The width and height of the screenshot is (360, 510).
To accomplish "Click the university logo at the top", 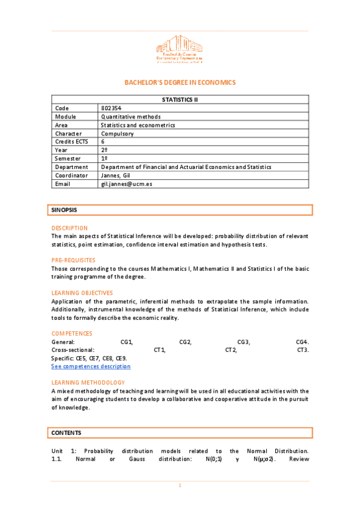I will [x=180, y=49].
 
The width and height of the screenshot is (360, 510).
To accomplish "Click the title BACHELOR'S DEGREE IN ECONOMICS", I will [x=180, y=82].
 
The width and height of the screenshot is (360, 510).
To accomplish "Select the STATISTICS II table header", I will [x=180, y=99].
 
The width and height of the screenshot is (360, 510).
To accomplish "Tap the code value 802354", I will [x=111, y=108].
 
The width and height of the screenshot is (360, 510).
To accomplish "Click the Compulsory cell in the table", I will [x=117, y=133].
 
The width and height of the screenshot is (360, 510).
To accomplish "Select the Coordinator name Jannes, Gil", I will [x=115, y=175].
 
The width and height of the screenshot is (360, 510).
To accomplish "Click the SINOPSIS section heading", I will [x=64, y=210].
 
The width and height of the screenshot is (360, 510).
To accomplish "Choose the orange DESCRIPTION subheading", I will [x=70, y=228].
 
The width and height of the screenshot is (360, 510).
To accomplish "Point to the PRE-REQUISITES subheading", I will [x=73, y=260].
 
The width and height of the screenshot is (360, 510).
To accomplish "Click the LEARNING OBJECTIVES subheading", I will [x=82, y=292].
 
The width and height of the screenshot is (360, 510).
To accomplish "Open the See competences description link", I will [x=91, y=366].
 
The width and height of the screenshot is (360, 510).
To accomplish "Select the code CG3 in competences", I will [x=243, y=342].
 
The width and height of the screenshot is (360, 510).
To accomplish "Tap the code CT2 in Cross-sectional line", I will [x=231, y=349].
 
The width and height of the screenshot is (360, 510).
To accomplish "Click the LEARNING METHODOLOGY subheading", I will [x=88, y=382].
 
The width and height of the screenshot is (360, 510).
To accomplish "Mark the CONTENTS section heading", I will [x=66, y=432].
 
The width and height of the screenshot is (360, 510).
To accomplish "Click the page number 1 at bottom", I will [x=180, y=485].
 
